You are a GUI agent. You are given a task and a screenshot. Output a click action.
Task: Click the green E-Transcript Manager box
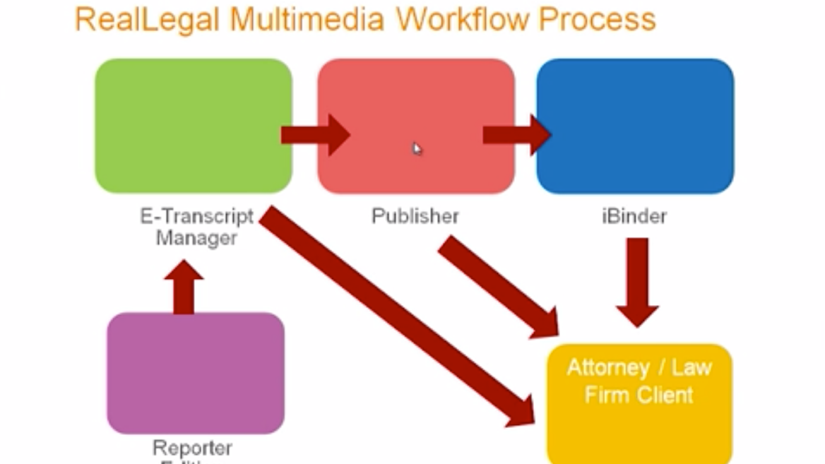tap(193, 126)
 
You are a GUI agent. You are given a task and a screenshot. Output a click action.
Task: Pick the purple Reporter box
tap(196, 372)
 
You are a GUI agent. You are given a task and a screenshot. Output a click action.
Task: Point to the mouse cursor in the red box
tap(417, 148)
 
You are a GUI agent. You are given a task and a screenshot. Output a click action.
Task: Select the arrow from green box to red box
tap(314, 134)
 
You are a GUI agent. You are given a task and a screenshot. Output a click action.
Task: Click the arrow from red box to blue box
tap(516, 134)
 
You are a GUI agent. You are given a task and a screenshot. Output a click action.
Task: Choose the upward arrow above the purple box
tap(184, 286)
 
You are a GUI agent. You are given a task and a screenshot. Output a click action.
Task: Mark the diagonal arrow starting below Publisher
tap(498, 286)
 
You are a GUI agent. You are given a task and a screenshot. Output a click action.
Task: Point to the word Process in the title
tap(597, 19)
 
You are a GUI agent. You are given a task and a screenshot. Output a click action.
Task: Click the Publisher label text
tap(415, 215)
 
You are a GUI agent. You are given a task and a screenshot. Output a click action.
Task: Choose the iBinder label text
tap(634, 215)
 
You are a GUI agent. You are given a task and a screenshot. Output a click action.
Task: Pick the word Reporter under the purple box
tap(192, 447)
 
